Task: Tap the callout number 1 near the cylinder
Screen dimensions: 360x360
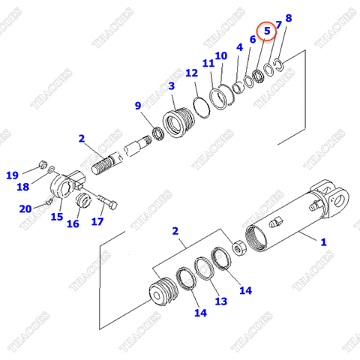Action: pyautogui.click(x=323, y=242)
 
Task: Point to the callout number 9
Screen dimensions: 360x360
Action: pyautogui.click(x=138, y=106)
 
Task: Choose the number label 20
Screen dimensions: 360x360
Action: pyautogui.click(x=25, y=208)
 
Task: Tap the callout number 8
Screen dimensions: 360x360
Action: pyautogui.click(x=289, y=18)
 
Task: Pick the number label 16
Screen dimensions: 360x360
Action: pyautogui.click(x=73, y=223)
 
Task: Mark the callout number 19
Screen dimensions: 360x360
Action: pyautogui.click(x=13, y=175)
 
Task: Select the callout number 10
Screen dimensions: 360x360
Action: pyautogui.click(x=220, y=55)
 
